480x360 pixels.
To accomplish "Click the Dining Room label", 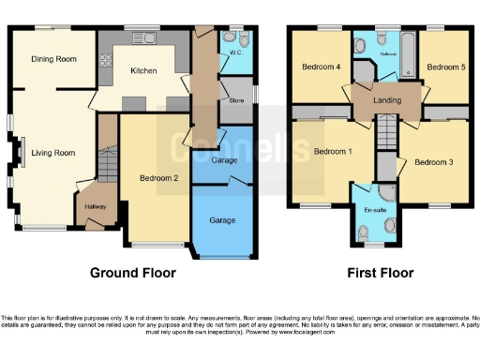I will tap(52, 59).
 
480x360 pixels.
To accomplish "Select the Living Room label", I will tap(52, 153).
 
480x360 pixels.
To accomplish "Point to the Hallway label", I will tap(96, 206).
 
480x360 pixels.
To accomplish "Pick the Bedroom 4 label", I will tap(320, 67).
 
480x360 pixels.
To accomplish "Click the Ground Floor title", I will tap(132, 273).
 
